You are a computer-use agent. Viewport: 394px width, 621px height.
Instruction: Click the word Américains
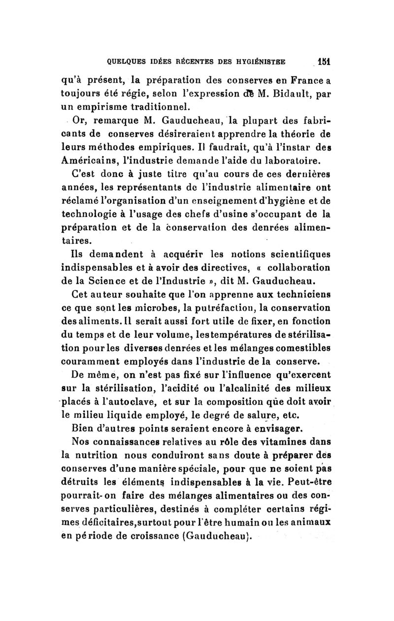(86, 160)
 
